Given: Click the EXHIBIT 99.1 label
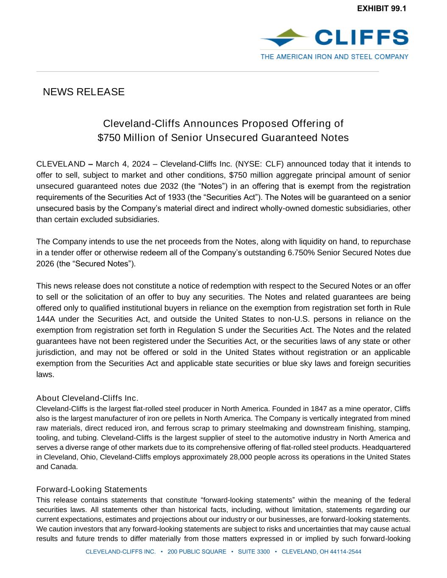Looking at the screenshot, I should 381,8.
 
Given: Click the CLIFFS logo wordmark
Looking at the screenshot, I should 361,37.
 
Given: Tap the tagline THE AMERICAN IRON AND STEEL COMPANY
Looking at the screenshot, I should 334,56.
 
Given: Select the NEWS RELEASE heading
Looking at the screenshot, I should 83,92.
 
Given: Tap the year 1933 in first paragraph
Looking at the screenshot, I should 177,197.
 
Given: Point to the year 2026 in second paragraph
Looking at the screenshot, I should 44,263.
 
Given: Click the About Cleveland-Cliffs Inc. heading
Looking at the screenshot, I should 87,398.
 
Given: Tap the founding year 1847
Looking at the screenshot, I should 319,409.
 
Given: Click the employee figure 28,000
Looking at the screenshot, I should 242,457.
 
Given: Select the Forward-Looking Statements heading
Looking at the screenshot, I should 92,490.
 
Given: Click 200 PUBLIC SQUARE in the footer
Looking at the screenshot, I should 197,551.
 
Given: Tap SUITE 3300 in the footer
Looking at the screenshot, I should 254,551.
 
